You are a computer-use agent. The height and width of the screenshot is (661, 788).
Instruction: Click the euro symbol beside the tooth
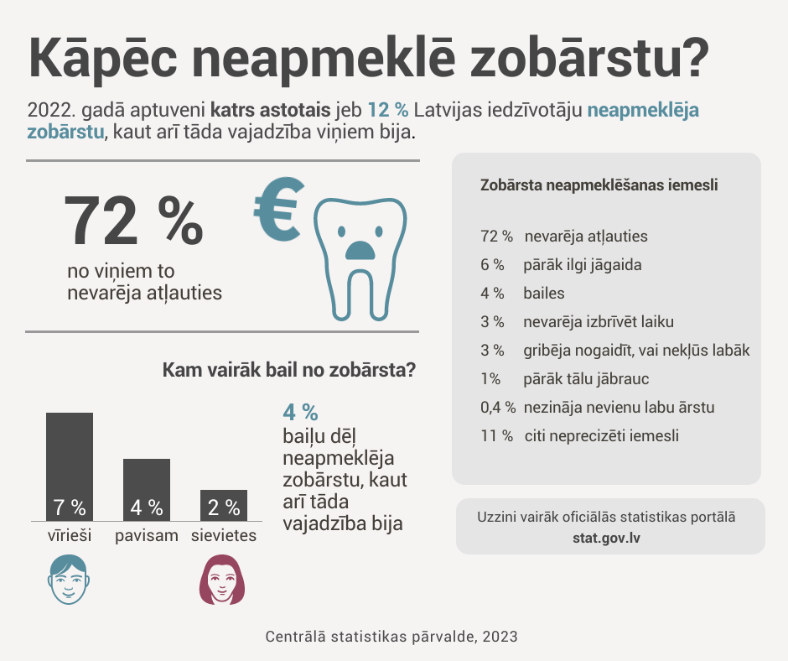tap(279, 211)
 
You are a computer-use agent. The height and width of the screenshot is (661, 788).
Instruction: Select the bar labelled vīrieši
tap(70, 466)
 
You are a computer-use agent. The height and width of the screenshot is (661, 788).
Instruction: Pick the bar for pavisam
tap(147, 489)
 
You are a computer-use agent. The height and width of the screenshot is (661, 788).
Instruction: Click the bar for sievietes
tap(224, 505)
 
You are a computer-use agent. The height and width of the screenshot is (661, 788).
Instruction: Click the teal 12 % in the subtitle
tap(388, 110)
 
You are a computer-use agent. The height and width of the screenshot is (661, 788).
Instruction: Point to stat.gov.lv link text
tap(609, 536)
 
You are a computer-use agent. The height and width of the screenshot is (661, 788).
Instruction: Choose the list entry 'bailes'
tap(544, 294)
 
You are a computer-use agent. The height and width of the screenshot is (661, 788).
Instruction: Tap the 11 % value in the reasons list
tap(496, 436)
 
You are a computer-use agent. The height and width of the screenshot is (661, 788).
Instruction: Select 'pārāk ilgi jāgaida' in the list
tap(583, 265)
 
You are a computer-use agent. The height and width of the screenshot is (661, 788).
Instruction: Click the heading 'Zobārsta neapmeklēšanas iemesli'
tap(599, 185)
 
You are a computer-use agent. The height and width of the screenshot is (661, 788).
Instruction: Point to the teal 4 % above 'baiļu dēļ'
tap(300, 413)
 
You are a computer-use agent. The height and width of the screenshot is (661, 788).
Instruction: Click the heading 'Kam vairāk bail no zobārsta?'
tap(289, 370)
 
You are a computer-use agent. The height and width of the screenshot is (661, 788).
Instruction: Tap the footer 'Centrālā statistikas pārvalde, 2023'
tap(391, 637)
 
